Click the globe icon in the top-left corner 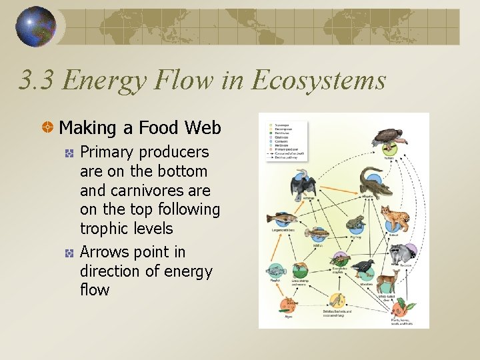[36, 27]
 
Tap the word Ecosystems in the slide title [318, 81]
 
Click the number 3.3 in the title [39, 81]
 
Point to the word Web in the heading [203, 127]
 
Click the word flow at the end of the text [95, 290]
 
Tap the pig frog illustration [355, 224]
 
